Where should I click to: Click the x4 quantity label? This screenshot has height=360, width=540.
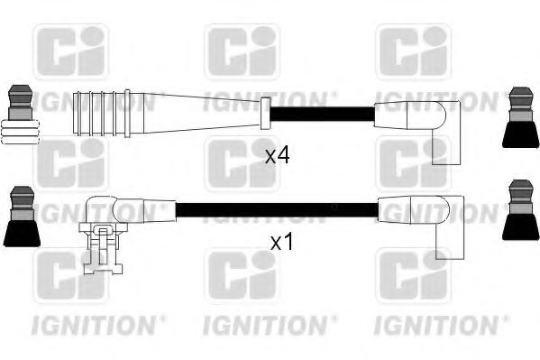[x=277, y=155]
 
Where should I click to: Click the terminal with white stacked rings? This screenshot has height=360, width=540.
[x=22, y=115]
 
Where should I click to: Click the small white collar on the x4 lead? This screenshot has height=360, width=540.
[x=264, y=114]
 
